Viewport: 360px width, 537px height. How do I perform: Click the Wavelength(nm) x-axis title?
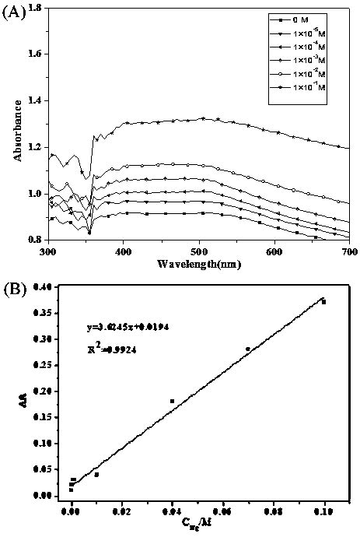197,265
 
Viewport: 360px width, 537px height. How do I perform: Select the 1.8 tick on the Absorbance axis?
36,9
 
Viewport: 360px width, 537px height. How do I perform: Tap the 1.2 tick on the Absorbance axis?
36,147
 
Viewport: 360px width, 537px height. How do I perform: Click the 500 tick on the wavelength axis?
198,252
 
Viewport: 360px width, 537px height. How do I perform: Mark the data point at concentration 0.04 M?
172,401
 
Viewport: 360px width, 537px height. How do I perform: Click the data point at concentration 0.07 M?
248,349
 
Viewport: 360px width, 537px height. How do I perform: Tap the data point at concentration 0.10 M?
323,302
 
